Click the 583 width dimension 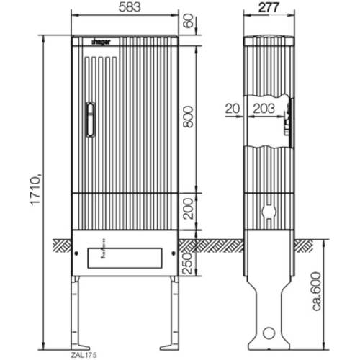point(130,7)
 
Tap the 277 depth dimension point(269,7)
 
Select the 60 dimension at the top point(188,21)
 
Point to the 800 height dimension point(188,117)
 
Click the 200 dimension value point(188,209)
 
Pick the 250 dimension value point(188,264)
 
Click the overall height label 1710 point(35,189)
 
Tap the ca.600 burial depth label point(318,292)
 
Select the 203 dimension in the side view point(264,109)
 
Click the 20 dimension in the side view point(233,109)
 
